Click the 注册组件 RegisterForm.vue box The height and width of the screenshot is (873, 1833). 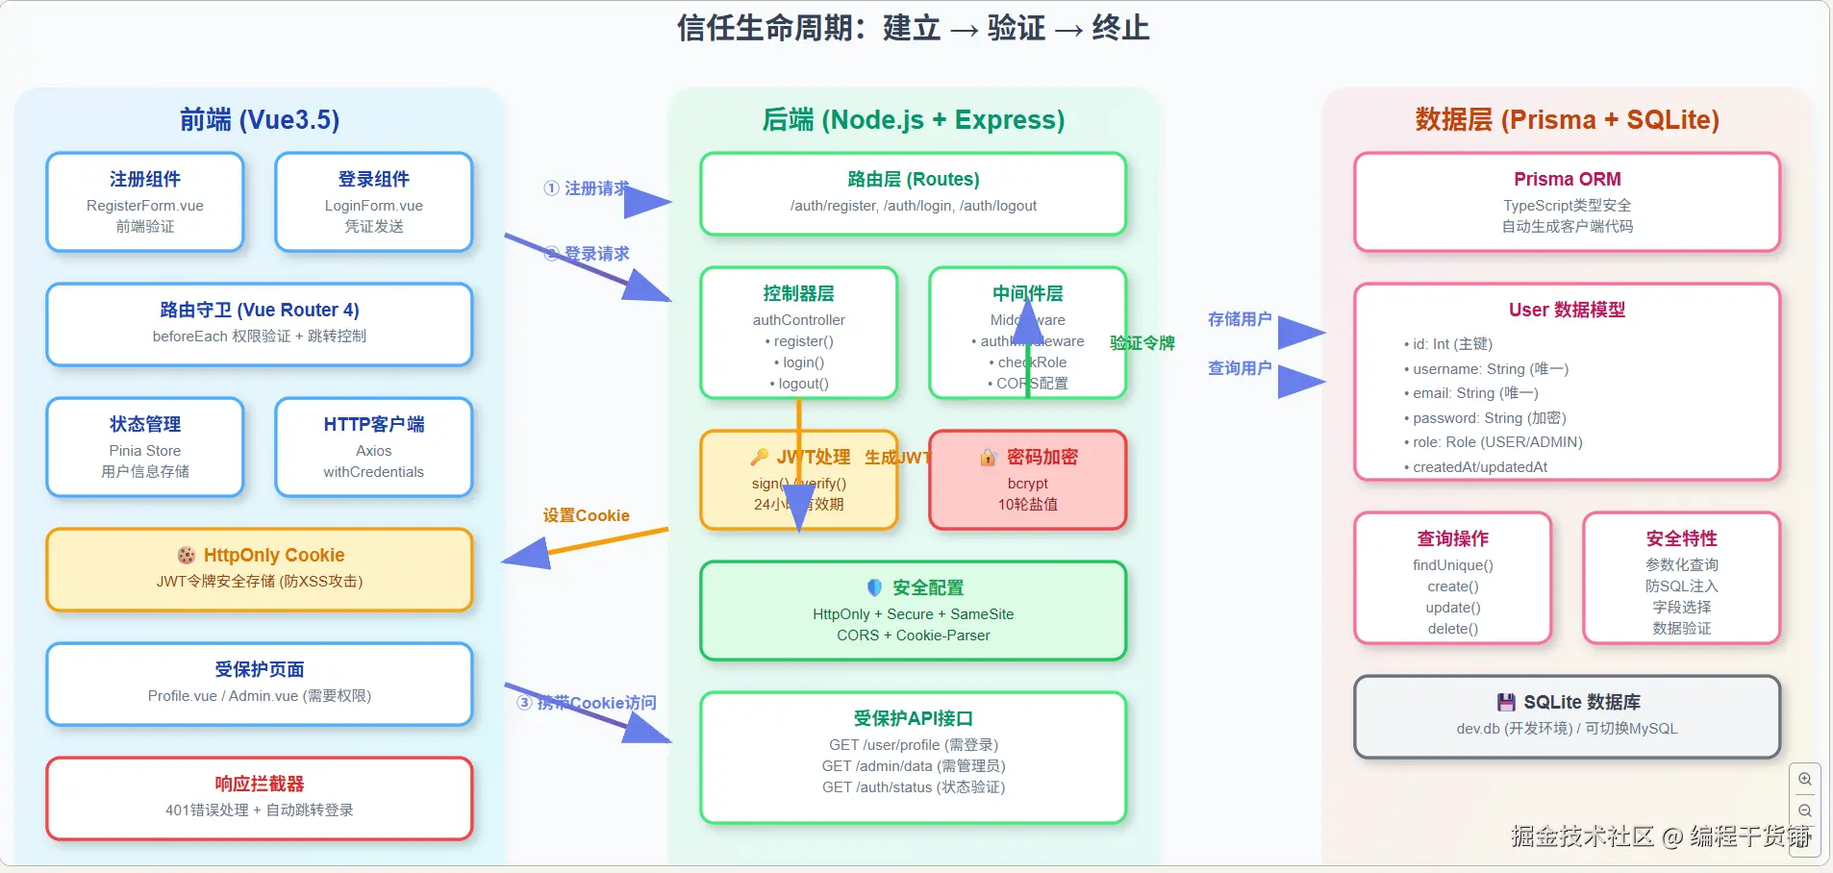click(145, 202)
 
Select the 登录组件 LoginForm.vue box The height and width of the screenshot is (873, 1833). click(374, 202)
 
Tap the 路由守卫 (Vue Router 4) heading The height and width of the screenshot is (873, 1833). click(260, 310)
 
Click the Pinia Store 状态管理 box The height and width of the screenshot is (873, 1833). click(145, 447)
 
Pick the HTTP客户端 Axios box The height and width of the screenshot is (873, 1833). click(374, 447)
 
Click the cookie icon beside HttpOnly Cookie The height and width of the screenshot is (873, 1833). click(187, 555)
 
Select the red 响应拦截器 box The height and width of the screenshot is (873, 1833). click(260, 798)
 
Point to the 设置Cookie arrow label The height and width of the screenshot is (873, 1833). click(586, 515)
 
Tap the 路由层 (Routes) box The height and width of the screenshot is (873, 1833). click(913, 192)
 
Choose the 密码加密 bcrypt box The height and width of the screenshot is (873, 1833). click(1027, 480)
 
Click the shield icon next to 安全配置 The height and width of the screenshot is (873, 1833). click(874, 587)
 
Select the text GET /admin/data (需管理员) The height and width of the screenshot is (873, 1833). click(913, 766)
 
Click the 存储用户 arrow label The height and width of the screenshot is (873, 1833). click(1240, 319)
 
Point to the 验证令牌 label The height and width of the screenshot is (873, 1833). click(1142, 343)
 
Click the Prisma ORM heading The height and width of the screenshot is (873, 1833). click(1567, 179)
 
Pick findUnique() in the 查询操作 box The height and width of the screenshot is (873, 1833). click(1452, 565)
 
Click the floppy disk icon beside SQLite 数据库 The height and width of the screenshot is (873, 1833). click(1506, 702)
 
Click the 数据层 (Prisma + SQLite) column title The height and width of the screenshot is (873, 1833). click(1567, 119)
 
